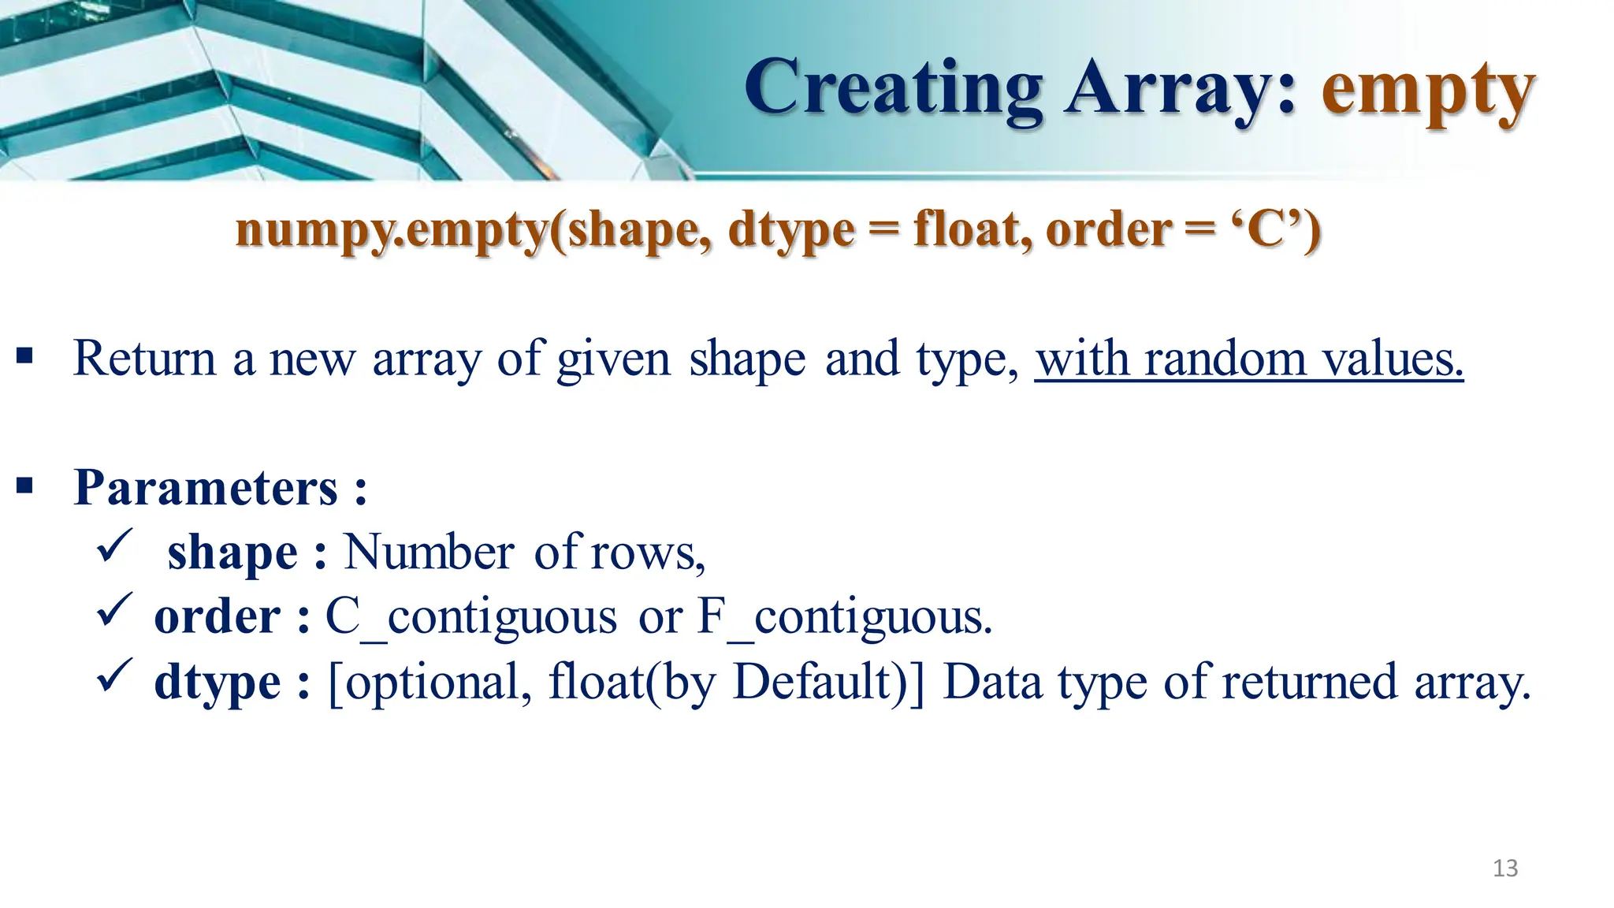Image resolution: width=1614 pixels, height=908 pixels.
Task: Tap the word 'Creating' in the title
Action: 893,89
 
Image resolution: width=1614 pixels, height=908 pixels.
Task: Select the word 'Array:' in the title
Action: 1181,89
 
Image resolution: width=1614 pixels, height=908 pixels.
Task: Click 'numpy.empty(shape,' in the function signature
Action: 474,231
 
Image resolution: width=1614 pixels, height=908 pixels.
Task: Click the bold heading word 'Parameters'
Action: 206,488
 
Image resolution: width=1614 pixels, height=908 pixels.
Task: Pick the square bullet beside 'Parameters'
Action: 24,485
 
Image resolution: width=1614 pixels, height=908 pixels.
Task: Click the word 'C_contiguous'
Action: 470,617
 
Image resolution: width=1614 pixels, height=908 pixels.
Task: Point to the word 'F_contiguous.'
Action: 844,617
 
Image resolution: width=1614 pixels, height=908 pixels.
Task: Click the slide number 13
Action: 1505,868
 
